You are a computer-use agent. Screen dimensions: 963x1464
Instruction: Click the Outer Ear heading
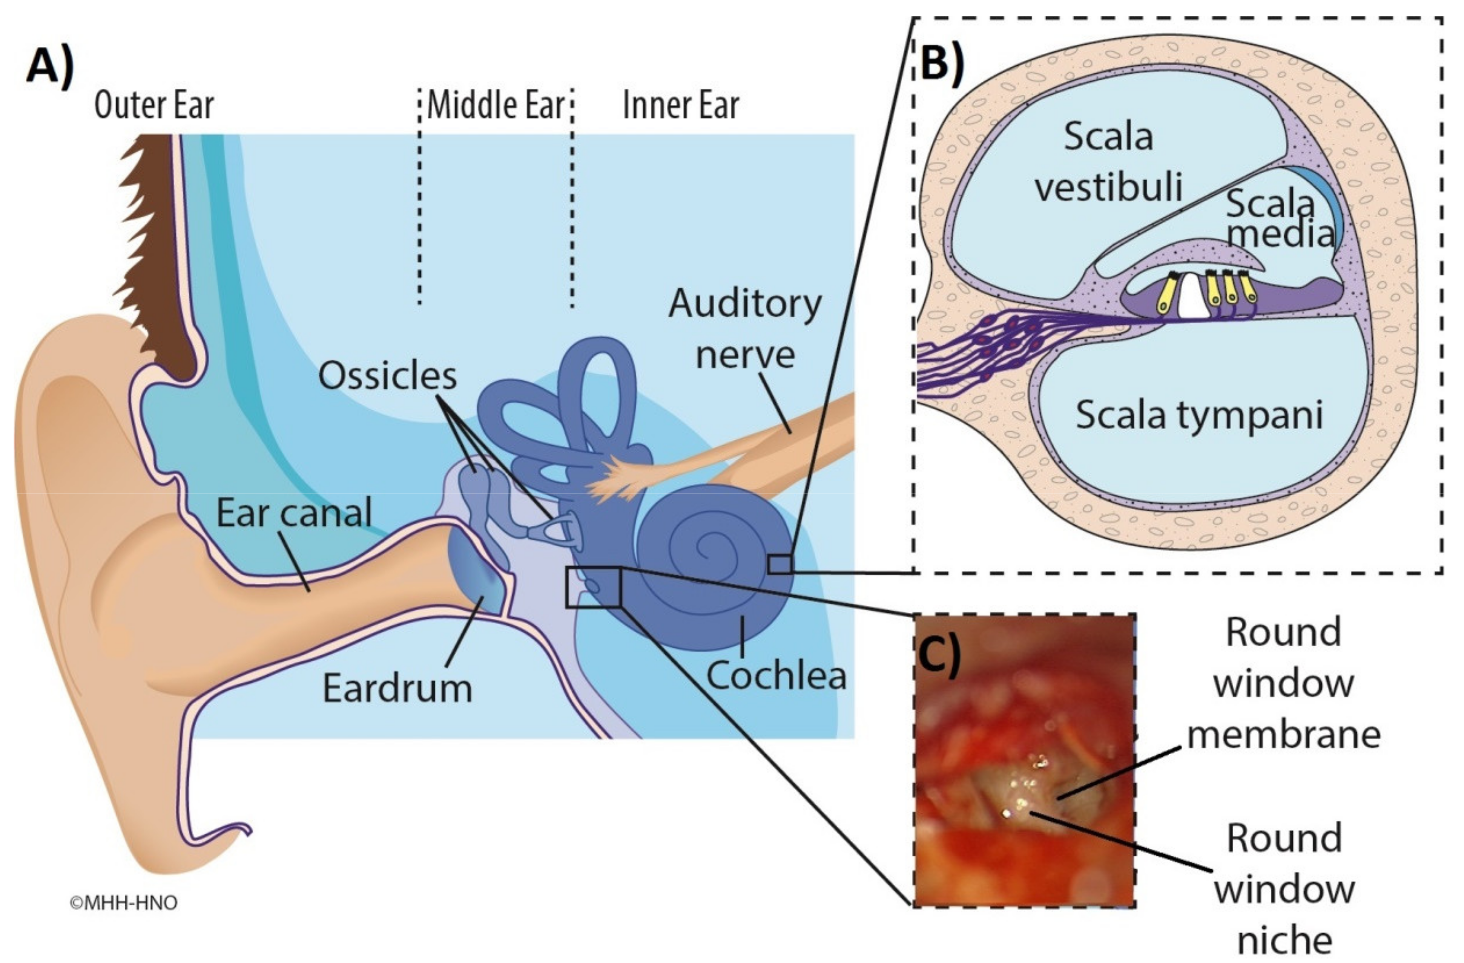154,105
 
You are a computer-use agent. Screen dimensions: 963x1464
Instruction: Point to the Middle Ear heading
495,105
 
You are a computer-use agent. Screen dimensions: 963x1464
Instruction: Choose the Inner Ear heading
680,105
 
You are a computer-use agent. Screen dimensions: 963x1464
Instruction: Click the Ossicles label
388,375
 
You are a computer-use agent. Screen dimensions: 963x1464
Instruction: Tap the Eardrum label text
397,688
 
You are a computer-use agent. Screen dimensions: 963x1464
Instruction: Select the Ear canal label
294,513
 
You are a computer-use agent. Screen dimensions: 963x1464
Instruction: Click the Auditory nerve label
745,329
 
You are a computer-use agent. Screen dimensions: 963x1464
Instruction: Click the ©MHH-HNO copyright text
123,902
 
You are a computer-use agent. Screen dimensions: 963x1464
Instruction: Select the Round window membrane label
1284,683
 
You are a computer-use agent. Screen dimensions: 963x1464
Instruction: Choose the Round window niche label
1284,889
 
